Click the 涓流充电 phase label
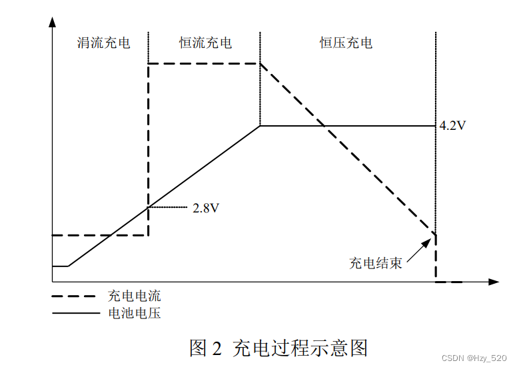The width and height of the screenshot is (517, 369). [104, 43]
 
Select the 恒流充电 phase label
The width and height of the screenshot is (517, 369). [206, 43]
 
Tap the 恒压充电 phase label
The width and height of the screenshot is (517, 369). [346, 43]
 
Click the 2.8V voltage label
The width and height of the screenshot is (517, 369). [206, 208]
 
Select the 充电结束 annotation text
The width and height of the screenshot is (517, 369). [376, 262]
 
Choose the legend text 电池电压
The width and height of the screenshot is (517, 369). [135, 313]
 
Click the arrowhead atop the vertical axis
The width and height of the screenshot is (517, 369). [52, 22]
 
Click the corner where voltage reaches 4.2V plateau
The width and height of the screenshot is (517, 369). [260, 125]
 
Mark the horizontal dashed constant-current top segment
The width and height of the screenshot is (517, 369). [204, 63]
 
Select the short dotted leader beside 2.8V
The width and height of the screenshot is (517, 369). [168, 208]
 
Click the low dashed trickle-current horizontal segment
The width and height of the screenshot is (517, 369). [100, 235]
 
